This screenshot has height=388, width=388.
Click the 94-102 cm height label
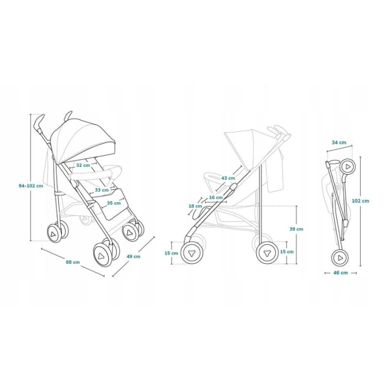click(30, 186)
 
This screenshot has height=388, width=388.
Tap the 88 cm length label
click(73, 262)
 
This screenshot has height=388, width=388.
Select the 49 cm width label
click(134, 257)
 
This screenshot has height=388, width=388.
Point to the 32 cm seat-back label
click(83, 165)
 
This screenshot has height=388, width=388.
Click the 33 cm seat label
click(101, 190)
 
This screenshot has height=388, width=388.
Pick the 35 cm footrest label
click(113, 203)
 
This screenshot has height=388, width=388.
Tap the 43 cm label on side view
click(228, 178)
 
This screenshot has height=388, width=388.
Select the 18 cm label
click(195, 206)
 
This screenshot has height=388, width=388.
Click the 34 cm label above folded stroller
click(339, 142)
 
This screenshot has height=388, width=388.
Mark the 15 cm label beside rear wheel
click(287, 251)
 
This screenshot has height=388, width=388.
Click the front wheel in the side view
click(192, 252)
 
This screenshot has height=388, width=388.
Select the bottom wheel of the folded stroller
click(340, 258)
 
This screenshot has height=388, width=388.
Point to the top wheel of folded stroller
click(347, 166)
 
